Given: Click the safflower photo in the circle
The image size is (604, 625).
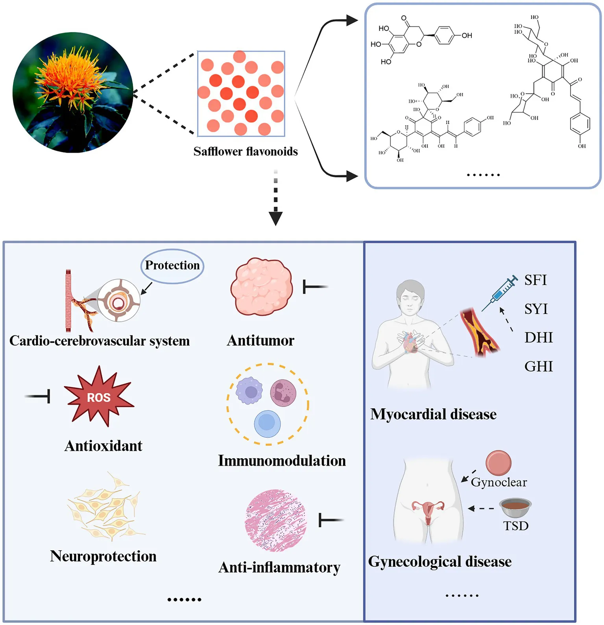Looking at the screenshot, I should (73, 92).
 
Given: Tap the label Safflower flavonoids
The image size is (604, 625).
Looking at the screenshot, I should (246, 151).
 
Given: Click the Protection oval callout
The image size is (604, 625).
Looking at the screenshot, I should (172, 266).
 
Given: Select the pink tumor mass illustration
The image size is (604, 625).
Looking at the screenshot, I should (262, 287).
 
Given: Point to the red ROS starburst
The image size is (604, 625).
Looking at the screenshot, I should (99, 397).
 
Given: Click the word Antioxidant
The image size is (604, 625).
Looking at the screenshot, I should (103, 446).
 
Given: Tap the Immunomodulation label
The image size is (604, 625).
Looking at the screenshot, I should (282, 461).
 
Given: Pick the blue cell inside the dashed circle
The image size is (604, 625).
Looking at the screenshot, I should (267, 424).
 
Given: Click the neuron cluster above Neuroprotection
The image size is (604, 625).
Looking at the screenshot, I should (105, 507).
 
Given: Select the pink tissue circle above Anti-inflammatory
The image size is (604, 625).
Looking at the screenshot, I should (275, 520).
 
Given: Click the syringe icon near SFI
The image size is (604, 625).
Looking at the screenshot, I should (500, 293).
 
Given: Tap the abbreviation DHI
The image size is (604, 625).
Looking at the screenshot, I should (538, 337).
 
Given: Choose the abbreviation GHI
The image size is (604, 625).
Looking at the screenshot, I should (538, 367).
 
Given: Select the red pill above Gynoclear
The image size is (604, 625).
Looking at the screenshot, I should (498, 463).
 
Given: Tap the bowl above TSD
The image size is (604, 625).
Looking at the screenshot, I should (515, 508).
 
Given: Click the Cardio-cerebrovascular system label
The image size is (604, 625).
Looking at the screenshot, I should (100, 341).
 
